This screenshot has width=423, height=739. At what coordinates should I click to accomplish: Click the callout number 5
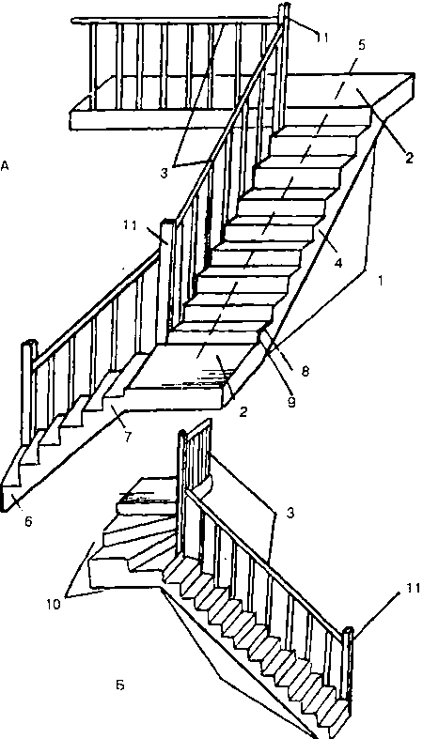point(361,45)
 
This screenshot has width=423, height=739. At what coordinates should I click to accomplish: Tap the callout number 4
point(337,263)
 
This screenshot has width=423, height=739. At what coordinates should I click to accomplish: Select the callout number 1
point(380,280)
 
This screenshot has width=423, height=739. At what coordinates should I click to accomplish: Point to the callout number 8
point(305,372)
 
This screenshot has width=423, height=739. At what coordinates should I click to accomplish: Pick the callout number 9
point(292,402)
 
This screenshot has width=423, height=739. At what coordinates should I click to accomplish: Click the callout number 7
point(127,437)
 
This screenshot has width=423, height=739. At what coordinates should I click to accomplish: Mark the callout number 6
point(28,522)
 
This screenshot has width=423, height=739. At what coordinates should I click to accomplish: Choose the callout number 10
point(54,604)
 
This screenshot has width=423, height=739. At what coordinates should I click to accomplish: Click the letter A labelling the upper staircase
point(5,166)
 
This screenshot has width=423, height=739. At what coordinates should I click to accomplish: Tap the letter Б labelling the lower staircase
point(120,685)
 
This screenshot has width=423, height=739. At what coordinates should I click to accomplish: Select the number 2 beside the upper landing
point(408,158)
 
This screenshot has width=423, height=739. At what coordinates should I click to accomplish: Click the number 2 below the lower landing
point(243,412)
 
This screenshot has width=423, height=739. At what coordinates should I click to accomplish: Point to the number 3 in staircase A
point(164,173)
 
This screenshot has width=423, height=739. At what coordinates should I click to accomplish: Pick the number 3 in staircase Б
point(290,513)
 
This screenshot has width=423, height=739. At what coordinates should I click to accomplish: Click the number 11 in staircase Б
point(412,589)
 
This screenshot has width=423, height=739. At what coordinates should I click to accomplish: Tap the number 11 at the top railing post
point(321,38)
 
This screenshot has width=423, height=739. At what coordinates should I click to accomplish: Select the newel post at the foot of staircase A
point(28,393)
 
